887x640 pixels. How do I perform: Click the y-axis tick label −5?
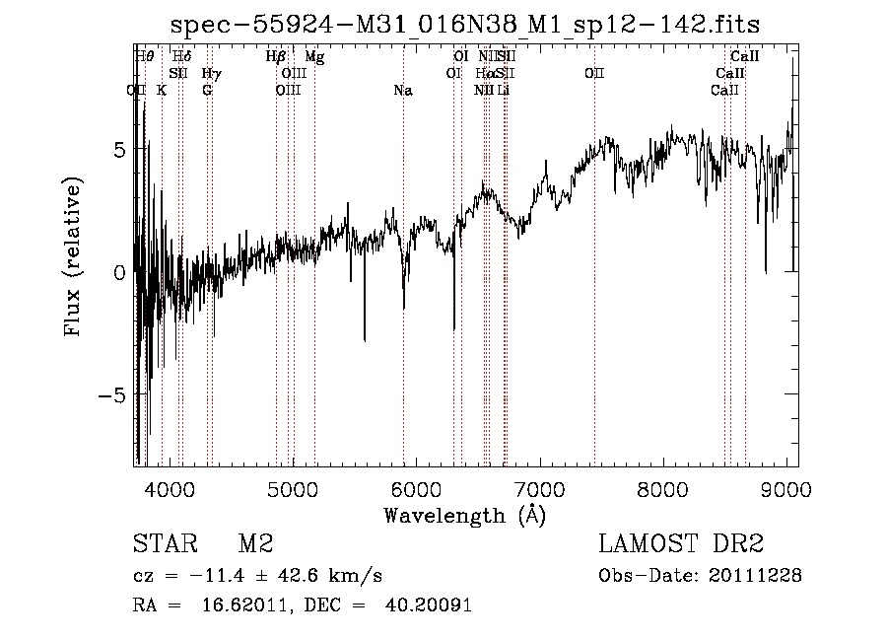point(114,394)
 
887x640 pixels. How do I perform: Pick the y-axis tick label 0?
point(120,272)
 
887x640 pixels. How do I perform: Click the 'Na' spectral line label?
point(402,91)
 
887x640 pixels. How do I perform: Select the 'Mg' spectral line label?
point(314,57)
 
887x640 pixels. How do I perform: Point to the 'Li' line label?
point(503,91)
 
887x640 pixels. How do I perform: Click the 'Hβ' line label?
point(276,57)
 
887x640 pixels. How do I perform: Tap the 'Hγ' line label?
point(210,74)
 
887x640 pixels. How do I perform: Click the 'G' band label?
point(207,91)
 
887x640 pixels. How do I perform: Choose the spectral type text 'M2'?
point(255,544)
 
